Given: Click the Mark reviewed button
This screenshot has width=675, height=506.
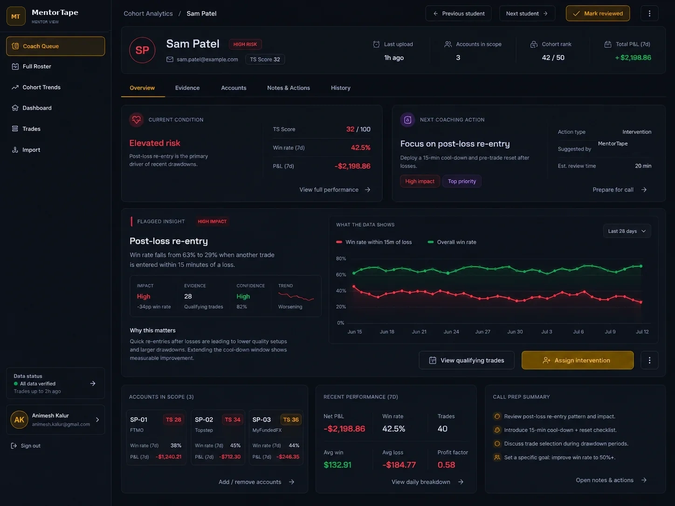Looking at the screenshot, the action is pyautogui.click(x=598, y=14).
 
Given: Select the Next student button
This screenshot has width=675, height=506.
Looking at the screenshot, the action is pyautogui.click(x=527, y=14).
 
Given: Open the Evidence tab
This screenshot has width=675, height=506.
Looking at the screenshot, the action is pyautogui.click(x=187, y=88).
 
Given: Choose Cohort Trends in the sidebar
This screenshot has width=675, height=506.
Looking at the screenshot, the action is pyautogui.click(x=41, y=87).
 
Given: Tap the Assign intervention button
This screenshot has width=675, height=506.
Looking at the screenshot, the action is pyautogui.click(x=578, y=360).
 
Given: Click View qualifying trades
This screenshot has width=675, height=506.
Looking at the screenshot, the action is pyautogui.click(x=466, y=360).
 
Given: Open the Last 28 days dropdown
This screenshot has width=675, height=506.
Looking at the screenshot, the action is pyautogui.click(x=627, y=231).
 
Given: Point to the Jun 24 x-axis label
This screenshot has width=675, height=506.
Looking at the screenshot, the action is pyautogui.click(x=451, y=332).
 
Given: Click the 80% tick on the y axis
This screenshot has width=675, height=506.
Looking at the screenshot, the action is pyautogui.click(x=341, y=259).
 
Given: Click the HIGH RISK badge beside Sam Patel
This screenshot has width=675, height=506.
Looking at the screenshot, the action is pyautogui.click(x=245, y=44).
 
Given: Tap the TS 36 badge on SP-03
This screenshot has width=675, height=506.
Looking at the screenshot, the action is pyautogui.click(x=290, y=420).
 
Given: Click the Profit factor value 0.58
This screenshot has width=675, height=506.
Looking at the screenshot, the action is pyautogui.click(x=446, y=465).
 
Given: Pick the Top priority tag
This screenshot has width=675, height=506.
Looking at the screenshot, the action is pyautogui.click(x=461, y=181).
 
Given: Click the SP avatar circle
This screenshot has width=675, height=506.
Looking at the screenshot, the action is pyautogui.click(x=142, y=50).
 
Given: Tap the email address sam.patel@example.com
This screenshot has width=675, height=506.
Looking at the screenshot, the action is pyautogui.click(x=207, y=60).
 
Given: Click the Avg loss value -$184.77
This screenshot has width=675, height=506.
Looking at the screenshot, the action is pyautogui.click(x=399, y=465).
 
